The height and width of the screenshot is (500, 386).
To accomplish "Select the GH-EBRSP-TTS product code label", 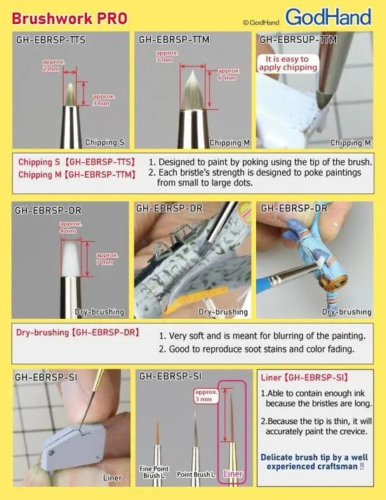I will coord(51,40).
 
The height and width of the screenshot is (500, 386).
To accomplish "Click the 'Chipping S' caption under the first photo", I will coord(104,143).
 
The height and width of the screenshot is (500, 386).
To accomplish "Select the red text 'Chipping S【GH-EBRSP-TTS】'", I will coord(76,162).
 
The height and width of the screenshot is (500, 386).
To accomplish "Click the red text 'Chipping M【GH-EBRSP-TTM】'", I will coord(76,175).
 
